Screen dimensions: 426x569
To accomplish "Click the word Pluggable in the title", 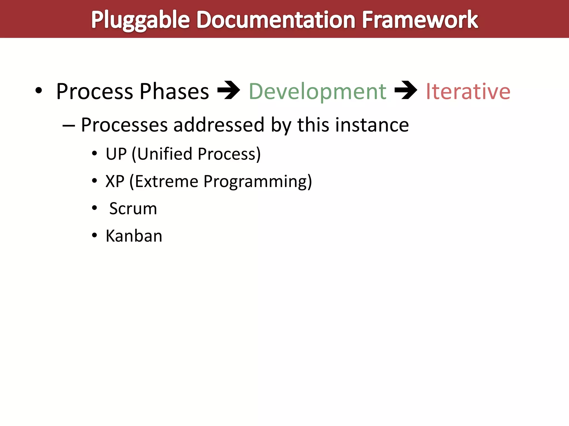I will pos(141,20).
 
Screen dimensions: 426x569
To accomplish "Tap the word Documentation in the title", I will pos(276,20).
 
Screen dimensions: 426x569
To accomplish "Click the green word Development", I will pos(317,92).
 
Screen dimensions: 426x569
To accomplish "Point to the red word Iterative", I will pos(468,92).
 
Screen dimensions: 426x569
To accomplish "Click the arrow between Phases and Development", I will pos(228,90).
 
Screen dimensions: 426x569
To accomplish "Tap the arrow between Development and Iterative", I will pos(406,90).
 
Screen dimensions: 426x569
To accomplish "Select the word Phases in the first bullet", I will pos(174,92).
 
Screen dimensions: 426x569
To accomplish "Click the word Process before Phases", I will pos(94,92).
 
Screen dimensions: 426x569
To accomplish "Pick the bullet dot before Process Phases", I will pos(39,90).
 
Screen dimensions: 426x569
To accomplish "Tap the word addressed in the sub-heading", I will pos(219,125).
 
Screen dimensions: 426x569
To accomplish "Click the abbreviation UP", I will pos(116,154).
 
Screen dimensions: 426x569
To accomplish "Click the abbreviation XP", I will pos(115,181).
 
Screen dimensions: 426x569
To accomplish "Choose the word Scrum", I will pos(133,209).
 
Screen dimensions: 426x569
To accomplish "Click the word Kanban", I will pos(134,236).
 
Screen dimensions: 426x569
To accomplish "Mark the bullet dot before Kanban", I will pos(94,235).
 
